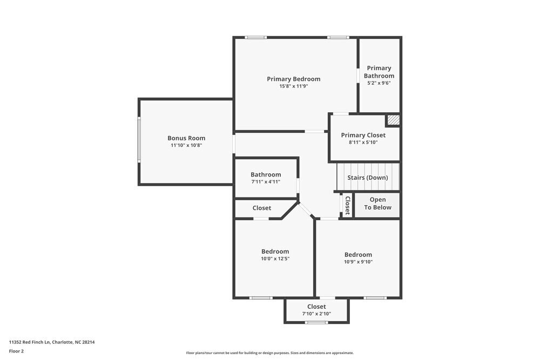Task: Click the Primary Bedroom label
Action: tap(293, 79)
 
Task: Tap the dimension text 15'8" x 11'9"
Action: tap(293, 86)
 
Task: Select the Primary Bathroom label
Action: tap(379, 72)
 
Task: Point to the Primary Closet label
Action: tap(363, 135)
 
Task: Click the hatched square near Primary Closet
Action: tap(393, 120)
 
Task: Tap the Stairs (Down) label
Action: tap(367, 178)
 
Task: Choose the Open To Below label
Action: tap(377, 203)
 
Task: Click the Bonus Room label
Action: tap(186, 138)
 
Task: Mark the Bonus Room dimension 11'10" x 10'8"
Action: tap(186, 145)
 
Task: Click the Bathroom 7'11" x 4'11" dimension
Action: tap(266, 182)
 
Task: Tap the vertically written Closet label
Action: tap(347, 206)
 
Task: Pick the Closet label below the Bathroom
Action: tap(262, 208)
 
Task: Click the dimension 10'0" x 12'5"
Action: tap(275, 259)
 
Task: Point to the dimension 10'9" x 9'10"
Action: tap(358, 262)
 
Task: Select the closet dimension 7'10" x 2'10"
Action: tap(316, 314)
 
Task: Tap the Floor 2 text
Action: tap(16, 351)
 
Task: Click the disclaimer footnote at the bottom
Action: tap(269, 353)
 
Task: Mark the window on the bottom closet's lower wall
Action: tap(316, 322)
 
